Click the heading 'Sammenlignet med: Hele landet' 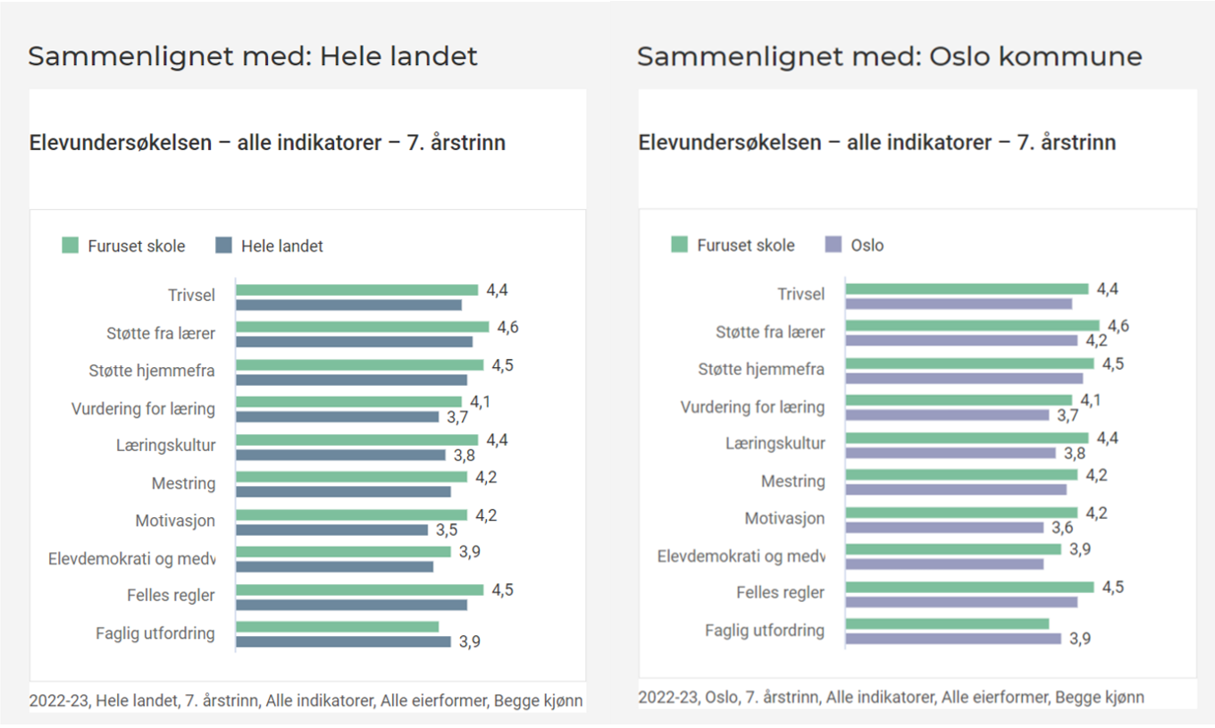[x=253, y=56]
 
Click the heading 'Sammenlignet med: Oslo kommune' [x=889, y=56]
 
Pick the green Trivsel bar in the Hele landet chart [x=357, y=289]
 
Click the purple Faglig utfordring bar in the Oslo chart [x=953, y=639]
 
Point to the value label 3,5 [x=447, y=530]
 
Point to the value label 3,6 [x=1063, y=528]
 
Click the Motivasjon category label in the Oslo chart [x=784, y=518]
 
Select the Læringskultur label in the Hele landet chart [x=165, y=445]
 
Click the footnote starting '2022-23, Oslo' [x=891, y=697]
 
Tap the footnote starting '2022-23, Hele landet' [x=306, y=701]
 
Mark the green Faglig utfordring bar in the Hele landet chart [x=338, y=627]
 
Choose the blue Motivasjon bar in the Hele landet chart [x=332, y=530]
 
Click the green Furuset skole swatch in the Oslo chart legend [x=680, y=245]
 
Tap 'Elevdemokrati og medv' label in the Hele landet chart [x=131, y=558]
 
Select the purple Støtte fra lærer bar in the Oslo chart [x=961, y=340]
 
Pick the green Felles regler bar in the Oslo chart [x=969, y=587]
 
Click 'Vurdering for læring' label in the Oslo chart [x=752, y=407]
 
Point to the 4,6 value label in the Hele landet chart [x=507, y=327]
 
